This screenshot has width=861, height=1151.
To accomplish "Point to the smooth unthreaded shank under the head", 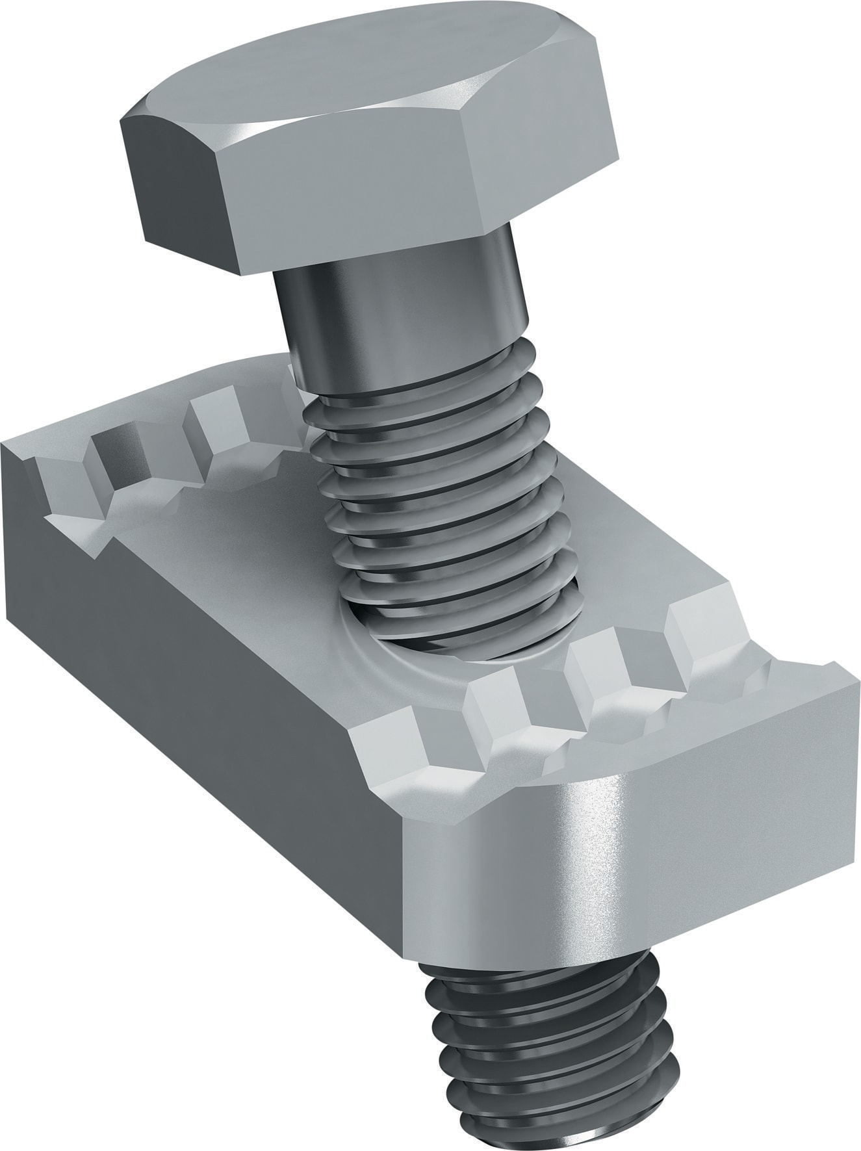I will point(403,299).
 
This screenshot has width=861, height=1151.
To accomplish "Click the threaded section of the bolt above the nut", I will point(442,494).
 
